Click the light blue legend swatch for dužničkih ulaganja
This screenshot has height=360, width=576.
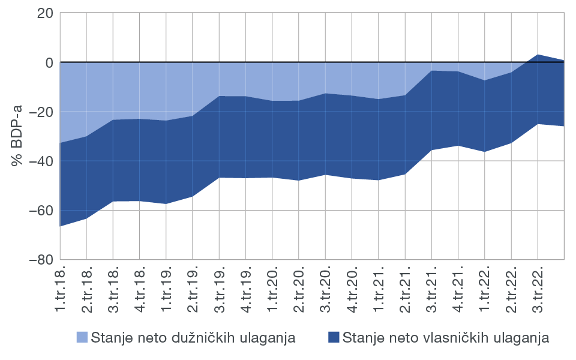(x=82, y=337)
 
